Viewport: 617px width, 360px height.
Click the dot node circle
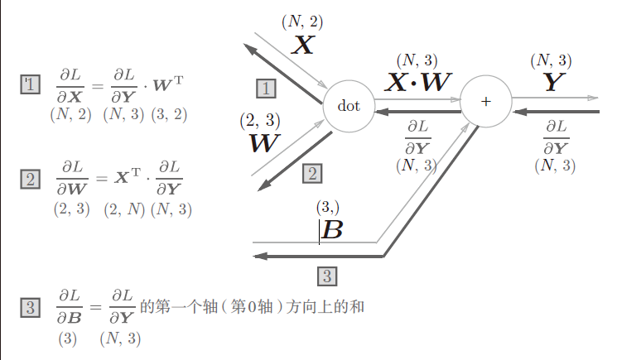(x=349, y=106)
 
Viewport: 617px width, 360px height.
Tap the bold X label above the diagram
(x=304, y=45)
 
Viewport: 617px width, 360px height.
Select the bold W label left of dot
(x=264, y=143)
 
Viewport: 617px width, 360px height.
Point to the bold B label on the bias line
(x=331, y=230)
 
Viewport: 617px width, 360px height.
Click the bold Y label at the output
(x=552, y=82)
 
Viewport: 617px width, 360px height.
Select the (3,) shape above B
(x=328, y=206)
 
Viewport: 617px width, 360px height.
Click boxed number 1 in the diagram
(x=265, y=88)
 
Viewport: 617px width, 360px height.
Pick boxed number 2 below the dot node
(x=312, y=173)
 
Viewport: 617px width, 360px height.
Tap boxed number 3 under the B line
(x=327, y=276)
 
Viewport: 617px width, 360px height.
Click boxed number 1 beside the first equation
(x=31, y=84)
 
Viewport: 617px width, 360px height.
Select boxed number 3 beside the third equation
(x=31, y=309)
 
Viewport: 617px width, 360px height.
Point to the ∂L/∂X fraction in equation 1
(x=70, y=85)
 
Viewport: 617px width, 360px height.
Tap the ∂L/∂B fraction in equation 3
(x=69, y=308)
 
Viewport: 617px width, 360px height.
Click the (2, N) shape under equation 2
(x=123, y=210)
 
